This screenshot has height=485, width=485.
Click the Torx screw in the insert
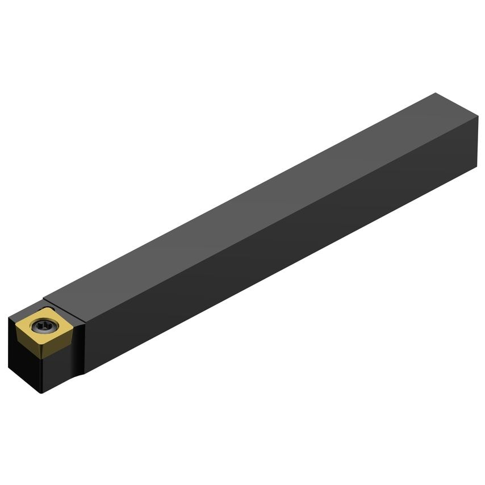point(44,326)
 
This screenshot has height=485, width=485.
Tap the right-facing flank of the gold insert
point(60,343)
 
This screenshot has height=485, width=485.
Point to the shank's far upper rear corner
point(436,93)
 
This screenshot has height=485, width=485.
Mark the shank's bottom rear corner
point(475,169)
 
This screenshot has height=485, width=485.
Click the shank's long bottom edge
point(284,273)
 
